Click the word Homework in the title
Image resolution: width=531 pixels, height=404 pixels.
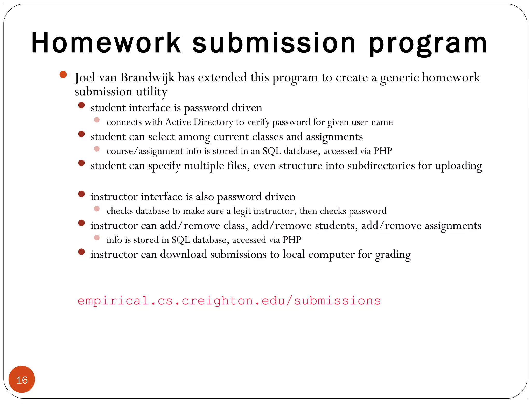pyautogui.click(x=106, y=43)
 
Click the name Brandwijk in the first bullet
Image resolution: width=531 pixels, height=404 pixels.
pyautogui.click(x=148, y=77)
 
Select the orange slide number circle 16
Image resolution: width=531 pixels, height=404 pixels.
pyautogui.click(x=22, y=379)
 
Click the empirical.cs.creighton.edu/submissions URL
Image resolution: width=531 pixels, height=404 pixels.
pyautogui.click(x=229, y=301)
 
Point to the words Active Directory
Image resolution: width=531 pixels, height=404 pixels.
pyautogui.click(x=199, y=122)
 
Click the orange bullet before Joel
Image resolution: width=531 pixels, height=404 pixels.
pyautogui.click(x=63, y=75)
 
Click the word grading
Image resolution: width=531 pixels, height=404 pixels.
pyautogui.click(x=393, y=255)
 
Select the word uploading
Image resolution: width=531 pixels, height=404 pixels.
pyautogui.click(x=458, y=166)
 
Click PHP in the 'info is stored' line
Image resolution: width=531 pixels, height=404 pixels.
pyautogui.click(x=292, y=240)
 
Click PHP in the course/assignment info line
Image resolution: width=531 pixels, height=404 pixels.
pyautogui.click(x=383, y=151)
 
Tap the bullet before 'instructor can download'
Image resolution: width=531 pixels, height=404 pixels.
pyautogui.click(x=81, y=252)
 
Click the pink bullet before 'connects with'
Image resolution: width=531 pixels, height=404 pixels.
pyautogui.click(x=97, y=120)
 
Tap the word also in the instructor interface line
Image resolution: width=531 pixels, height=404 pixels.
pyautogui.click(x=205, y=197)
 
